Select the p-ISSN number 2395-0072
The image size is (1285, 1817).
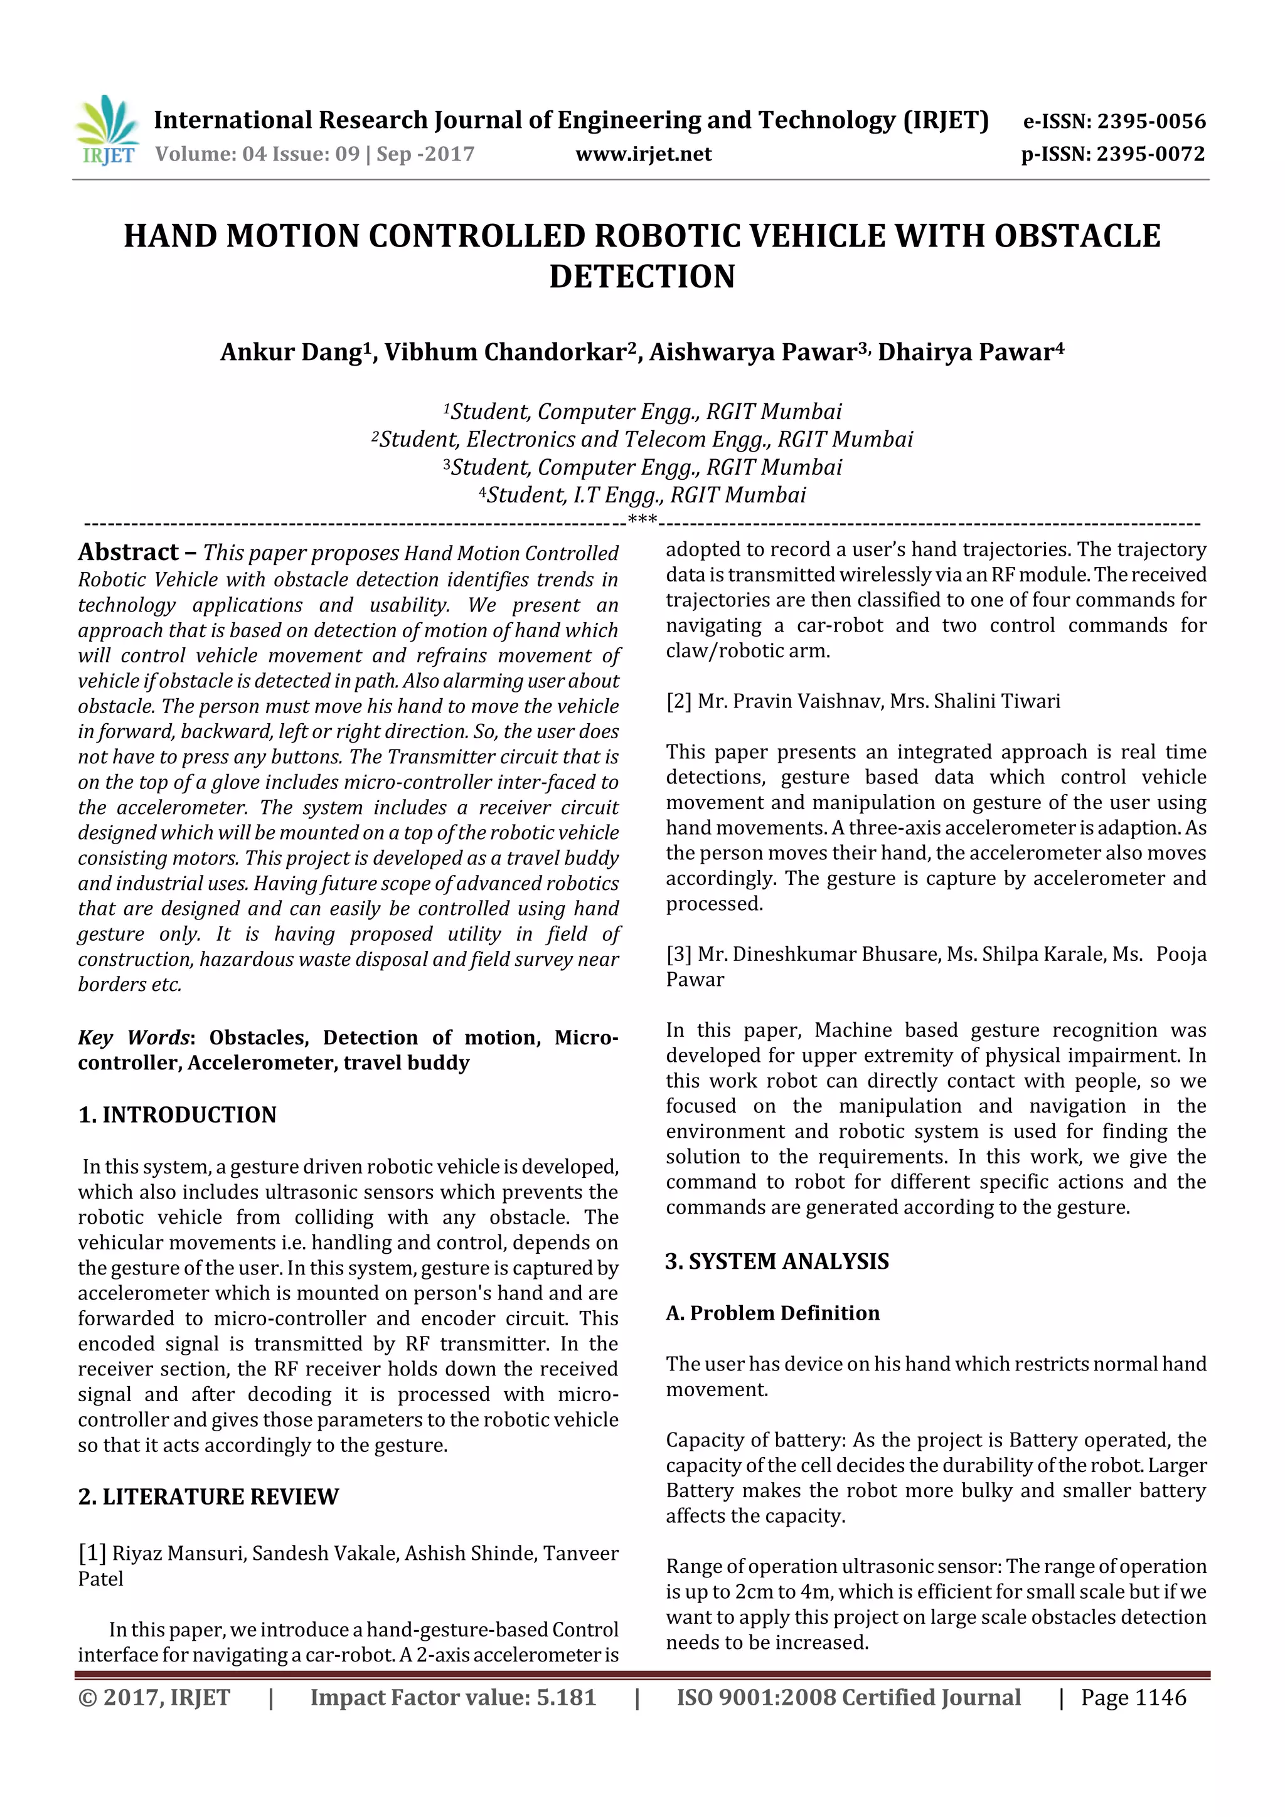click(1150, 154)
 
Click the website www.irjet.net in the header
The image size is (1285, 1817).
click(643, 154)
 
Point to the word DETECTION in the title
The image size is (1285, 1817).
click(642, 276)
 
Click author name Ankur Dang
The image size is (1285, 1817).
click(291, 352)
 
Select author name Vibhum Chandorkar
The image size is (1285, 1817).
click(506, 352)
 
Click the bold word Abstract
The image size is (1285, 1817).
click(128, 551)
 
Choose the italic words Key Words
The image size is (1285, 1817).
click(134, 1037)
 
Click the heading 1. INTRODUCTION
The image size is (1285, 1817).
click(178, 1115)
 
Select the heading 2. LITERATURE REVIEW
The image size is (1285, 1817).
click(208, 1497)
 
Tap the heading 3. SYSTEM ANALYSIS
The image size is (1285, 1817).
click(777, 1261)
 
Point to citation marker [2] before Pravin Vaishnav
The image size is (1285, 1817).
click(678, 701)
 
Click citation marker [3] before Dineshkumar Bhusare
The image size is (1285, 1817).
click(678, 953)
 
